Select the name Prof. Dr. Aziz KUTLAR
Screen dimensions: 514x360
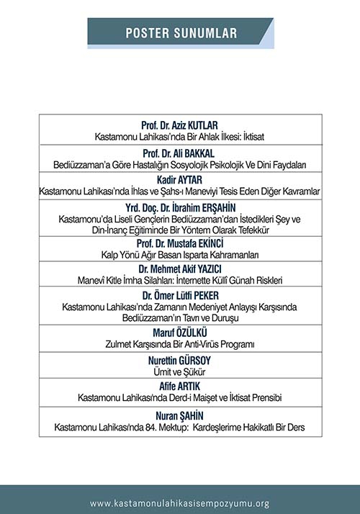tap(180, 125)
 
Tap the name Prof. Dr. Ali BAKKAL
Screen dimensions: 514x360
tap(180, 154)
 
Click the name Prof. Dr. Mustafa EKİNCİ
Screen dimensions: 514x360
tap(180, 245)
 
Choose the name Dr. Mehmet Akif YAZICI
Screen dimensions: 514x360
tap(180, 269)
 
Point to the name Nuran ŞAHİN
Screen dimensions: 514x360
tap(180, 416)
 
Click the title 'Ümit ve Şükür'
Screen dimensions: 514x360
tap(180, 371)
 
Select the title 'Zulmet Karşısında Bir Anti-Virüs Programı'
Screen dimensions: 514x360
tap(180, 345)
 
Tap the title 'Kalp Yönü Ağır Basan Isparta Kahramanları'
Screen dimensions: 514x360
tap(180, 256)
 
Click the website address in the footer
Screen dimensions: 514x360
tap(180, 503)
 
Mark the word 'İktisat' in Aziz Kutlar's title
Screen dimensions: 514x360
tap(250, 136)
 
